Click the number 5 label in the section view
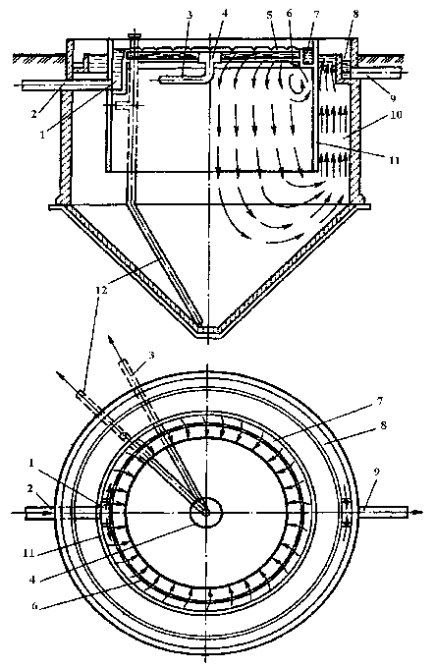coord(269,14)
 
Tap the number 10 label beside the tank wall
coord(396,115)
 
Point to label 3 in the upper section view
coord(190,15)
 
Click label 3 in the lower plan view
coord(151,355)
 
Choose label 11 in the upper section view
coord(394,160)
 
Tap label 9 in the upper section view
coord(392,98)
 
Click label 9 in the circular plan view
coord(377,472)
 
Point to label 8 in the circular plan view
coord(383,424)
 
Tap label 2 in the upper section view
coord(34,114)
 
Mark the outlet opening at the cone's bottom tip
coord(207,331)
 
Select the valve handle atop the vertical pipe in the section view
coord(135,34)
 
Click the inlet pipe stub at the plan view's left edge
coord(39,513)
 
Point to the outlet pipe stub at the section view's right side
coord(380,74)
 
